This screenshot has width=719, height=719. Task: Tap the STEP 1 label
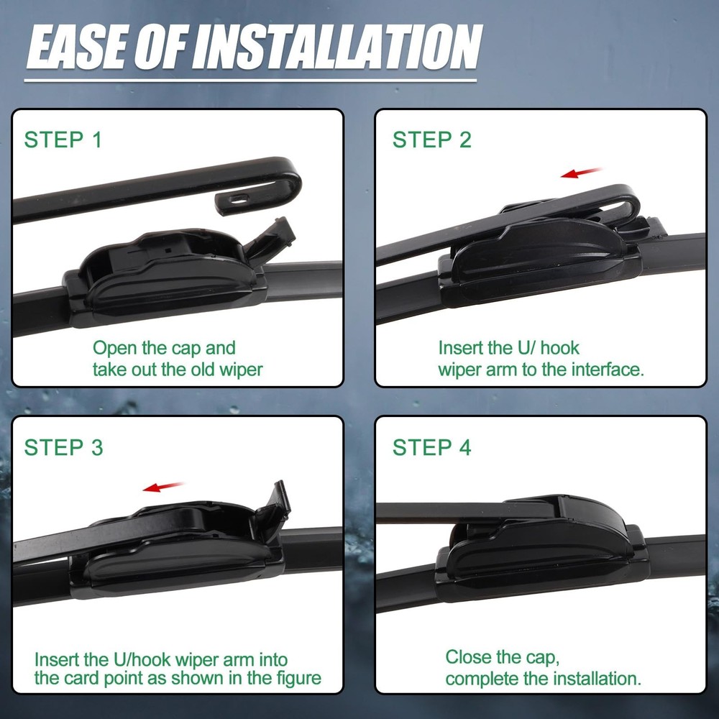coord(63,140)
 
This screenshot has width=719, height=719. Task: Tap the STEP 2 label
coord(431,140)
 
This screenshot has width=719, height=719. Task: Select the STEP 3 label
coord(63,447)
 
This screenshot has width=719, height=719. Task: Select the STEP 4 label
coord(431,447)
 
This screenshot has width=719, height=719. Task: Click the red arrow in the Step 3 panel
coord(164,487)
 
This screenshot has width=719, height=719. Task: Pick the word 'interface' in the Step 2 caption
coord(606,370)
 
